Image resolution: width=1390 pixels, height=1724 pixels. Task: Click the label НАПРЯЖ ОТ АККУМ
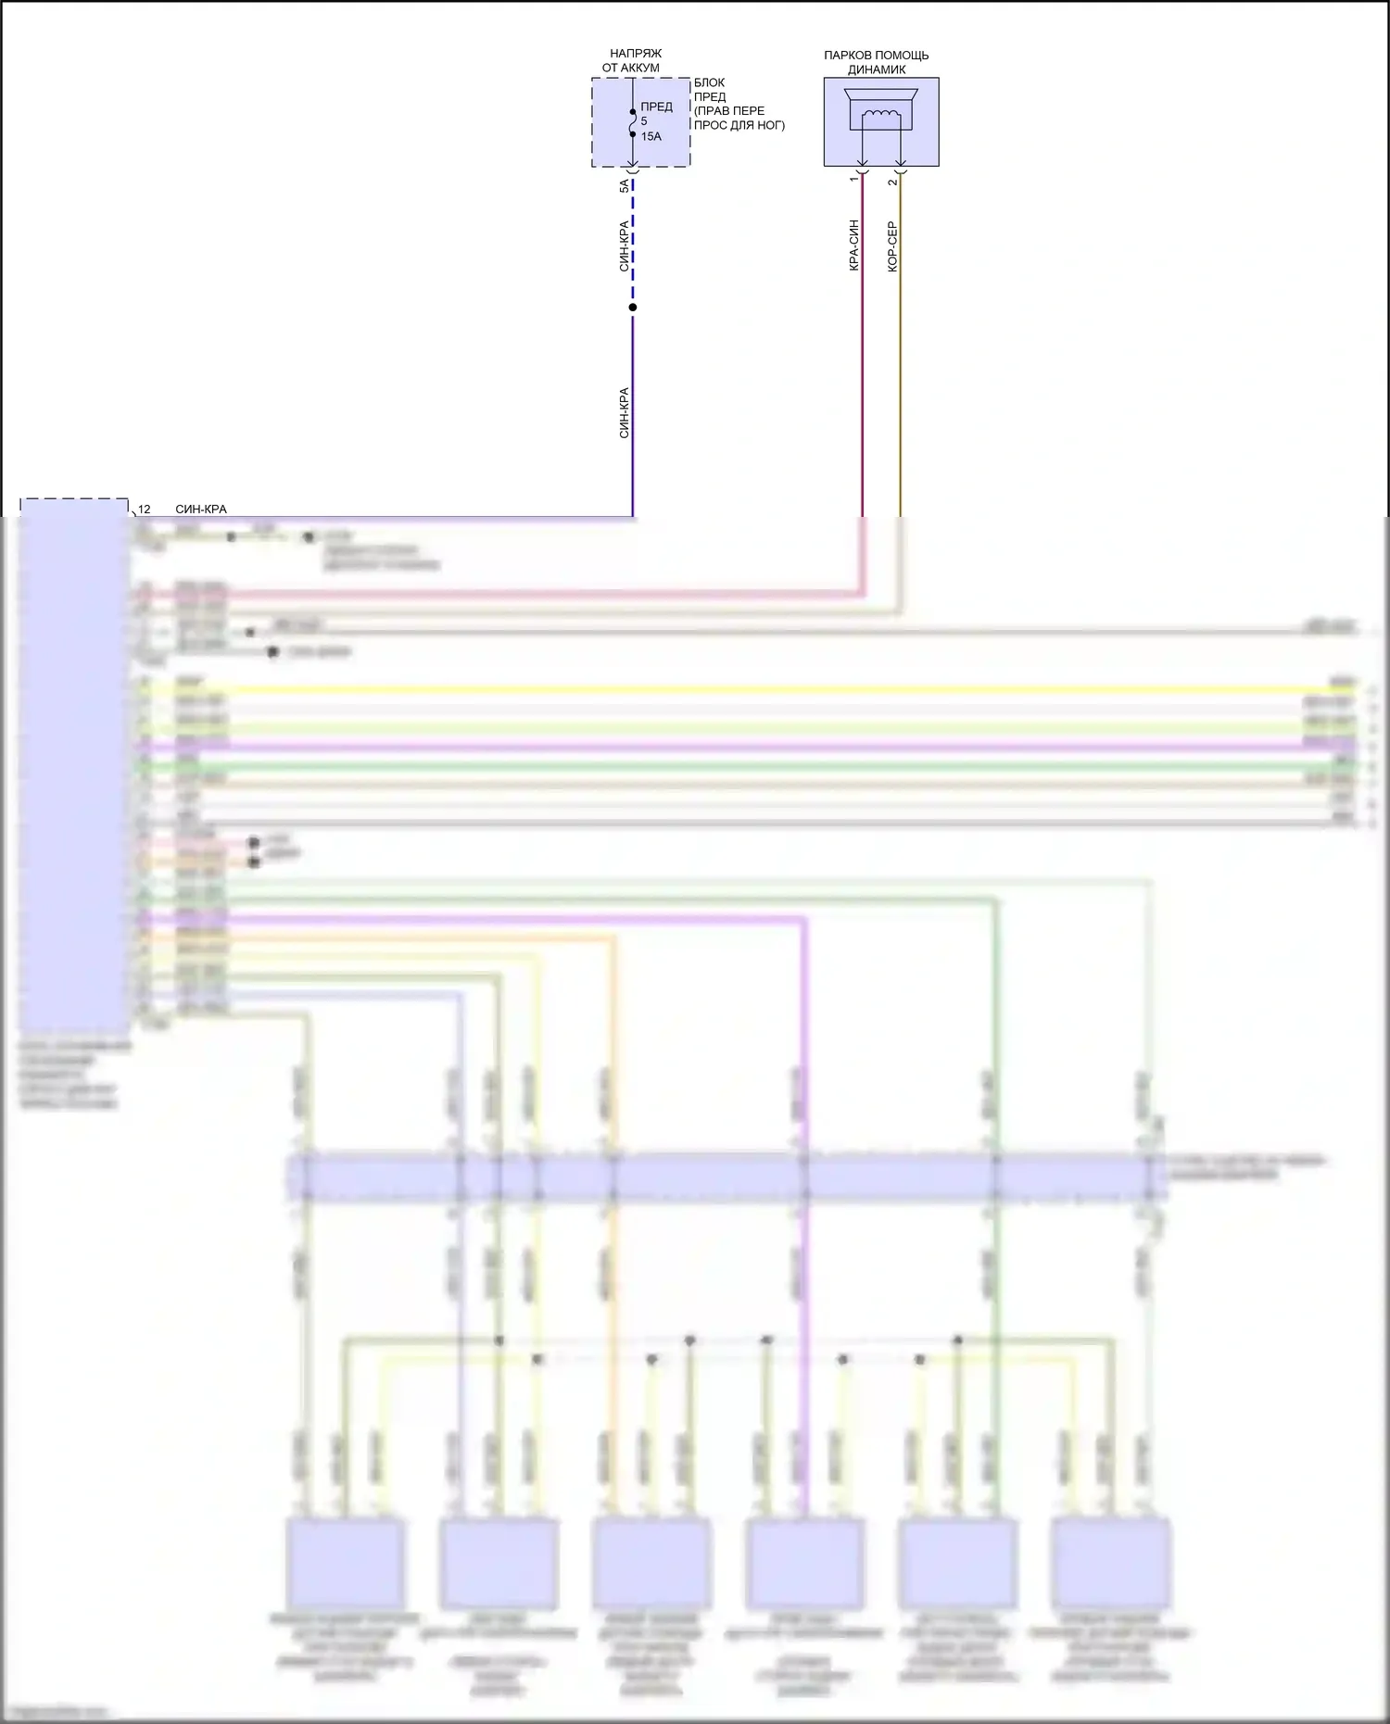[634, 61]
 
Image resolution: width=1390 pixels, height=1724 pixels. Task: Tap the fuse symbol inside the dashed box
[633, 122]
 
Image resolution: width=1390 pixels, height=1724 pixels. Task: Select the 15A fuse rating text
[651, 137]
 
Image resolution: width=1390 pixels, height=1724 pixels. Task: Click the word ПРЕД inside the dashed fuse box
[656, 107]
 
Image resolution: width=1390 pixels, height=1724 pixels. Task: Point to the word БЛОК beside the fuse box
[709, 82]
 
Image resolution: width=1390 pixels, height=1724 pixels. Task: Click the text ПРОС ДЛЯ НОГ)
[739, 125]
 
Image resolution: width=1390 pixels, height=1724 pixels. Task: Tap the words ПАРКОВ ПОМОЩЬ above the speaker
[876, 56]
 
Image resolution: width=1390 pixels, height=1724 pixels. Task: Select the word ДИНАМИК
[876, 69]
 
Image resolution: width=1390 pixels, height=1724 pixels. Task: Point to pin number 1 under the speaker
[853, 179]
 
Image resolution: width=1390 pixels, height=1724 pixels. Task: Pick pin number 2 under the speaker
[892, 182]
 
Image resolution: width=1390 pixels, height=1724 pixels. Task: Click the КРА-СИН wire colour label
[853, 245]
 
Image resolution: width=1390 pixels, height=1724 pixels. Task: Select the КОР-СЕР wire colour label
[892, 246]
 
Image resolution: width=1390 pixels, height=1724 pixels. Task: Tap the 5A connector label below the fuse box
[624, 186]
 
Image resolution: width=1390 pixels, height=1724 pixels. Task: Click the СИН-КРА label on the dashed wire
[624, 245]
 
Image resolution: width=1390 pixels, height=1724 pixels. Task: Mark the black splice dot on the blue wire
[633, 308]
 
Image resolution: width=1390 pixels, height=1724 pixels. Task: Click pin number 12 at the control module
[144, 510]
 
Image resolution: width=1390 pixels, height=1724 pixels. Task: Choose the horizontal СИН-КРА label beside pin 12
[200, 510]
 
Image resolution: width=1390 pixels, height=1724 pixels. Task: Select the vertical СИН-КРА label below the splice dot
[624, 412]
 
